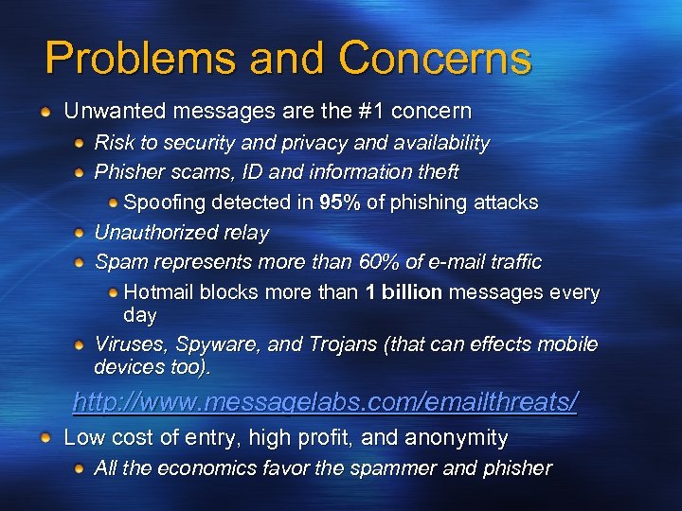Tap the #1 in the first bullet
pos(372,111)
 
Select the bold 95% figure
pos(338,203)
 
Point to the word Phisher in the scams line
pos(130,172)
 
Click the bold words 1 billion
pos(404,292)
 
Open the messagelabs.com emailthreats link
pos(325,402)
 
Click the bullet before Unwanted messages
pos(46,112)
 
